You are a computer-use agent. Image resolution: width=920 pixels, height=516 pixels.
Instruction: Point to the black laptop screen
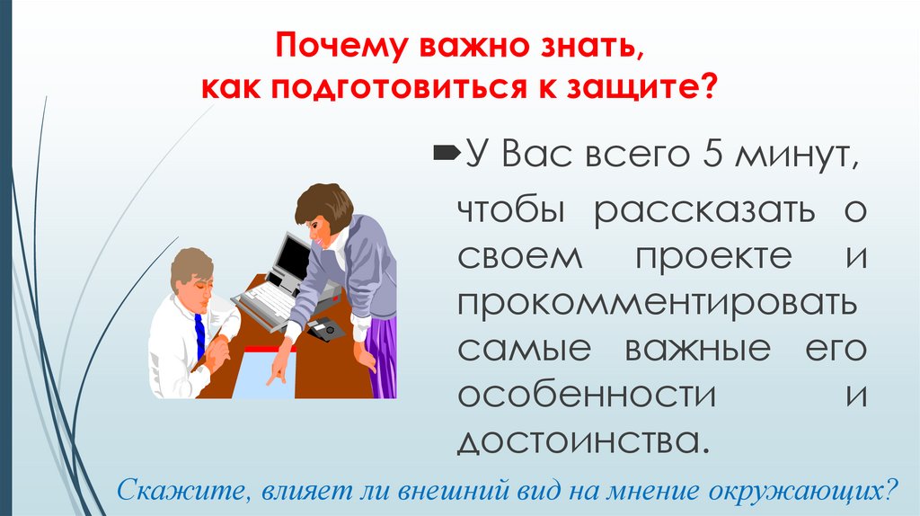(291, 259)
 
